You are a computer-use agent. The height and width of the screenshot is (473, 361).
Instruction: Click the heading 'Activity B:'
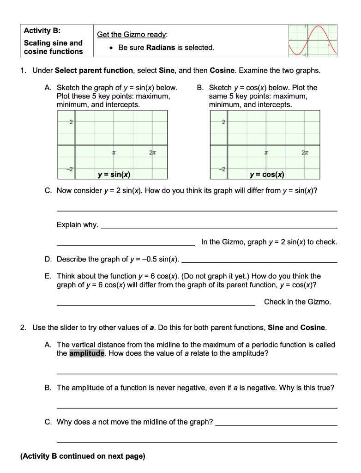click(x=42, y=31)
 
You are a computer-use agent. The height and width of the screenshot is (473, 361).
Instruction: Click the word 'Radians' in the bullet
click(x=161, y=48)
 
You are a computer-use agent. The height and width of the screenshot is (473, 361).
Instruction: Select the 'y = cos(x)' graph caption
click(x=267, y=175)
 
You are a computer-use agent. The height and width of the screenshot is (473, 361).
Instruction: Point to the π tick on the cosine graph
click(x=266, y=152)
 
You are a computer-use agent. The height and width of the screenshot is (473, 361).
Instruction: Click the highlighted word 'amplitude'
click(x=87, y=353)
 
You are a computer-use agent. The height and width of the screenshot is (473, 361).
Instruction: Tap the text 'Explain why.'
click(x=78, y=224)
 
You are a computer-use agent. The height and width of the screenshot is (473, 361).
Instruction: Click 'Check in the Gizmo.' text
click(x=297, y=302)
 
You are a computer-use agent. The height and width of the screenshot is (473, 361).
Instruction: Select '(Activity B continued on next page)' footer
click(x=83, y=456)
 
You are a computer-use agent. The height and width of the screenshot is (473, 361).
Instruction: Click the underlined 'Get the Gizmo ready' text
click(x=132, y=35)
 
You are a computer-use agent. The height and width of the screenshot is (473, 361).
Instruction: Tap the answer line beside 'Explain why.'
click(x=219, y=227)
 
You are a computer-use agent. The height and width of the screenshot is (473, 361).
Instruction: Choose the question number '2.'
click(x=24, y=327)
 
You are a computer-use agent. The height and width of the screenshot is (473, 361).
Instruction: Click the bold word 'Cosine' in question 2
click(x=313, y=327)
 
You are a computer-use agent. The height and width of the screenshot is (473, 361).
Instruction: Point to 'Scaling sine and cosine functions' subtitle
click(x=53, y=47)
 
